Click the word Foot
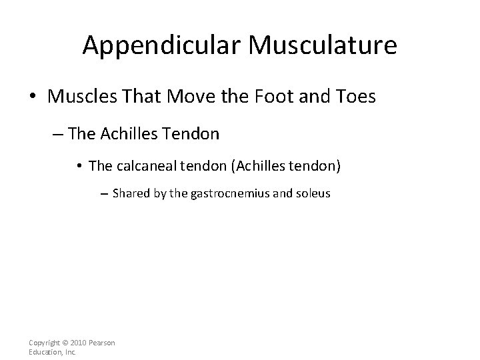(273, 97)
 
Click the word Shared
(131, 194)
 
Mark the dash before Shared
(105, 195)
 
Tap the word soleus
(313, 194)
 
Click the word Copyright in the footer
(47, 343)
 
